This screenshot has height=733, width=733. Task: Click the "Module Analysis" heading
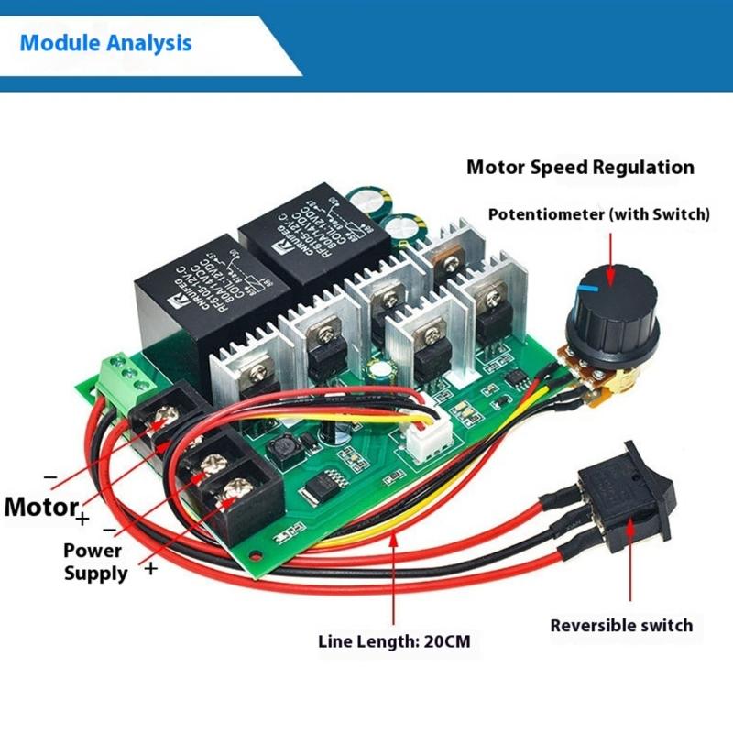coord(105,42)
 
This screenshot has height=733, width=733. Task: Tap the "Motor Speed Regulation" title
coord(580,168)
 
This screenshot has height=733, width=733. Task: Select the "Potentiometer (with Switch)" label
coord(598,215)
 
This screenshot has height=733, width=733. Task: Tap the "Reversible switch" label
coord(621,626)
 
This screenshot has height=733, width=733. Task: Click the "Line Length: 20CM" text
coord(394,641)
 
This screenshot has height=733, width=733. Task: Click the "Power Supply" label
coord(95,562)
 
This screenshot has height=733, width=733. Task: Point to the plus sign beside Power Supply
coord(150,568)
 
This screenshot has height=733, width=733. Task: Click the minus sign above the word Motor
coord(50,477)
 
